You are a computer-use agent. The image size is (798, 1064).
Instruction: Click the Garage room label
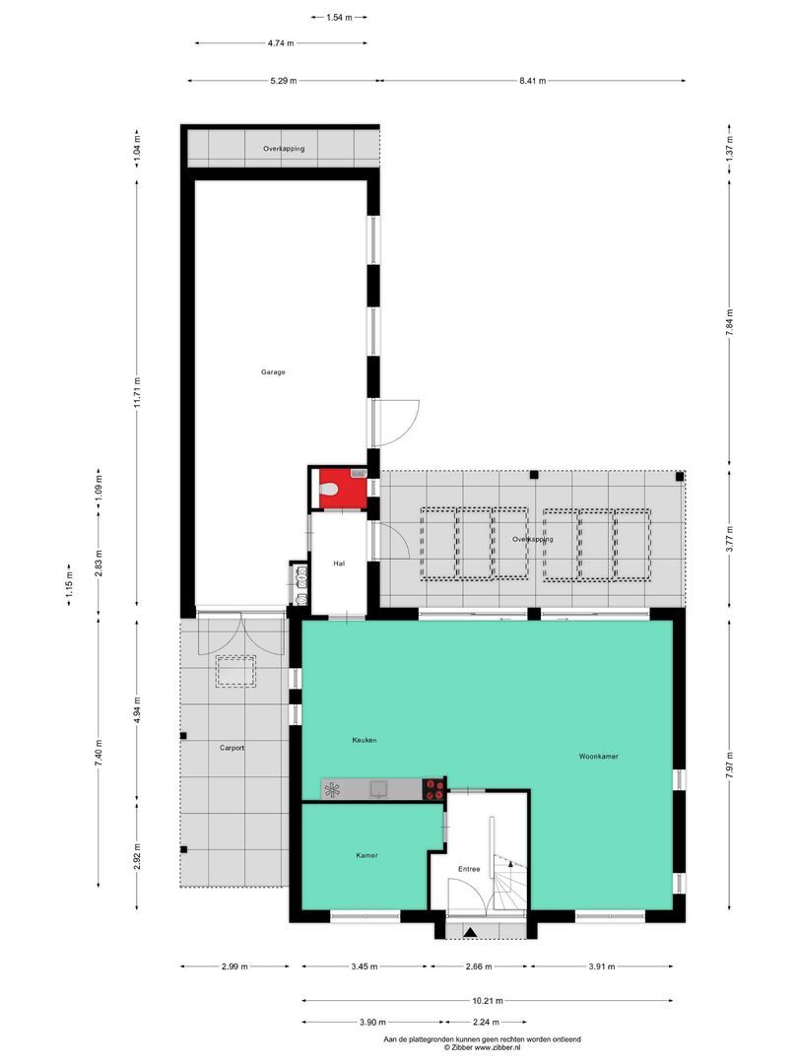[273, 372]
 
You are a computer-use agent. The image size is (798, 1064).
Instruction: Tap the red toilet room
[338, 488]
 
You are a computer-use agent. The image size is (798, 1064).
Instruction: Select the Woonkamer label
[598, 757]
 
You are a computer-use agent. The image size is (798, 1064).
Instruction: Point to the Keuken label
[365, 740]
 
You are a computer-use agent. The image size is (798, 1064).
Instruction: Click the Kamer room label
[366, 855]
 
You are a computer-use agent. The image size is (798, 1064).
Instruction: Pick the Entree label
[469, 869]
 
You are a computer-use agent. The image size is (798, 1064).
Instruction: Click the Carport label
[232, 749]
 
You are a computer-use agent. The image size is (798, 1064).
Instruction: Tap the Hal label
[339, 564]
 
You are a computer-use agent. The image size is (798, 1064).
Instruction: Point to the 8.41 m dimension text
[532, 81]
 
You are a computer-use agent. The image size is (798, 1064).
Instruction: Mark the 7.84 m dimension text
[729, 321]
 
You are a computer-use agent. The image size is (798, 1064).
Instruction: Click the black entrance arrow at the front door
[471, 931]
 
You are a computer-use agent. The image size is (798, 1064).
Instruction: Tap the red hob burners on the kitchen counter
[433, 788]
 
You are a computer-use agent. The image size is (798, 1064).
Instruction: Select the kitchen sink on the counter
[377, 788]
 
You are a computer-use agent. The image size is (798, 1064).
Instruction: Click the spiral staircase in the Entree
[510, 880]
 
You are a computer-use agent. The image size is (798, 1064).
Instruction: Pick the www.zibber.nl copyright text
[483, 1047]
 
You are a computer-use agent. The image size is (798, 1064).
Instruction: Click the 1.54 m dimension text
[339, 17]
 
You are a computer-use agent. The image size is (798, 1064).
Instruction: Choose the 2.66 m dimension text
[482, 966]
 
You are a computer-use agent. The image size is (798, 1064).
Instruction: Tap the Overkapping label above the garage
[283, 149]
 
